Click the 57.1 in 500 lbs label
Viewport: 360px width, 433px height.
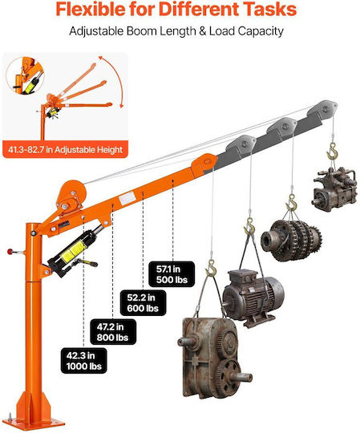(x=172, y=274)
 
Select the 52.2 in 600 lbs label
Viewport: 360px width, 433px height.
(x=143, y=302)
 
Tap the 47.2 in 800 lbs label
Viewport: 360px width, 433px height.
(x=113, y=332)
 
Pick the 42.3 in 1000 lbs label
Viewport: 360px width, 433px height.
(x=83, y=361)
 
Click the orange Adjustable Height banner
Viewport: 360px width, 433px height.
(x=65, y=149)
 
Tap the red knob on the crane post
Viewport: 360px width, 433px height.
(x=10, y=252)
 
